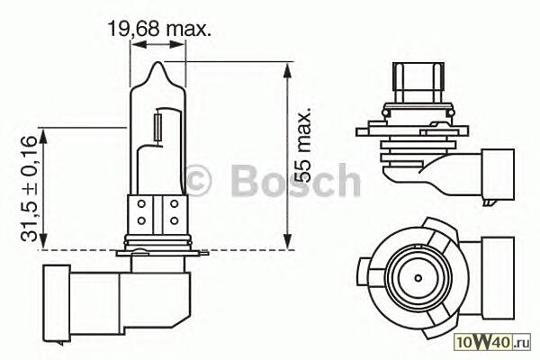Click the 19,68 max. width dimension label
[x=159, y=29]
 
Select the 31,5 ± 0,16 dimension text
[x=28, y=188]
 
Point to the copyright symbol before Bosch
[x=199, y=180]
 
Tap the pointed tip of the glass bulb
[x=157, y=62]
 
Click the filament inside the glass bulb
[x=158, y=127]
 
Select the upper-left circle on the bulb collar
[x=141, y=204]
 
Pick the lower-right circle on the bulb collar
[x=175, y=220]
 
